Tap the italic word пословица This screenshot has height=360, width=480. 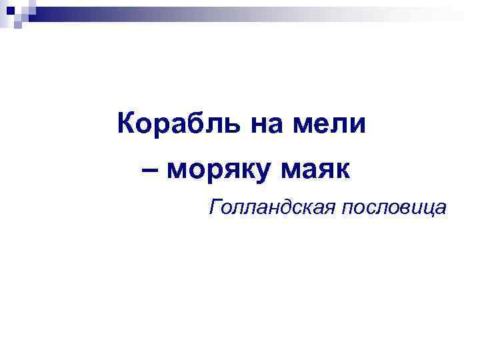click(x=393, y=208)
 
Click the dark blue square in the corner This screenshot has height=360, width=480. click(x=17, y=10)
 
